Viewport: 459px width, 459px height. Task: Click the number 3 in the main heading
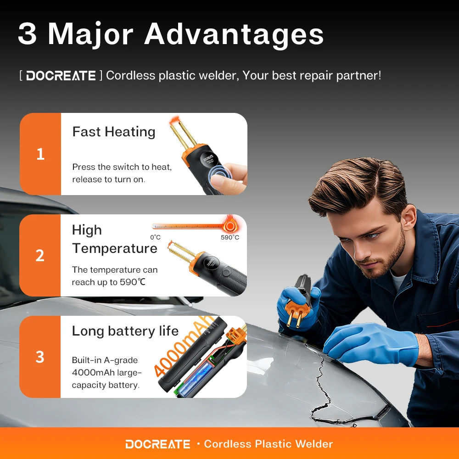click(28, 34)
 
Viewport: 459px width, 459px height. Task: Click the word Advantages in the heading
click(234, 34)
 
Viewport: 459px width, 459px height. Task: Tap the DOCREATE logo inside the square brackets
click(61, 76)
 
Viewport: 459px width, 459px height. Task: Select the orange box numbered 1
click(40, 154)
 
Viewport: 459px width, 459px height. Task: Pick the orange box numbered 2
click(40, 255)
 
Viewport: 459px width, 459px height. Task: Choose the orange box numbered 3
click(40, 357)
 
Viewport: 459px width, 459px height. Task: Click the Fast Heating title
click(114, 132)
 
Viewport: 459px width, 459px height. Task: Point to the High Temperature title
click(114, 239)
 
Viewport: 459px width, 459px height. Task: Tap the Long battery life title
click(125, 331)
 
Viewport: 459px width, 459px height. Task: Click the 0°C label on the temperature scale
click(156, 237)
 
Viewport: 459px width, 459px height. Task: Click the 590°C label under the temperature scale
click(230, 237)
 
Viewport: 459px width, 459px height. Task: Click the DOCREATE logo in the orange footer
click(157, 444)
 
